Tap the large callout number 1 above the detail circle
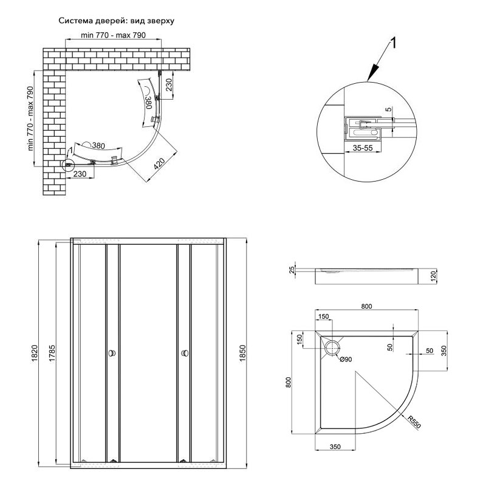point(394,44)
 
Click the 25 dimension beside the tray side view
point(292,269)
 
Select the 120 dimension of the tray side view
point(433,276)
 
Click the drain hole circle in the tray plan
point(333,347)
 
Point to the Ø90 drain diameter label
point(346,360)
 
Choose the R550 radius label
point(413,420)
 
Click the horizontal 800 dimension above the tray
point(366,307)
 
